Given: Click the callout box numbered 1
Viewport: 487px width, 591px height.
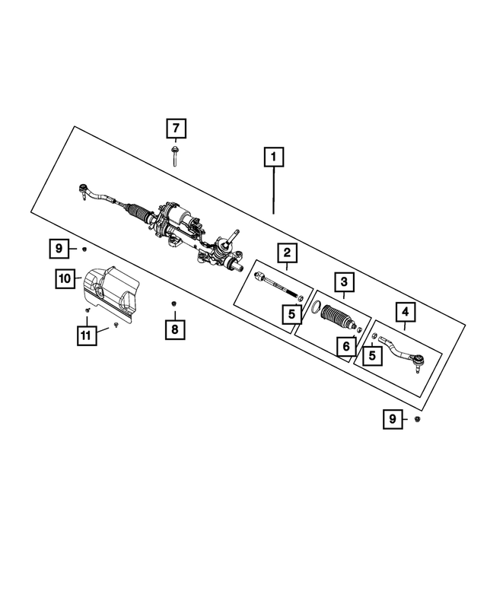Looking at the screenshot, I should pos(273,157).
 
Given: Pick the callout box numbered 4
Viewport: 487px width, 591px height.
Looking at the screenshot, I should pos(404,312).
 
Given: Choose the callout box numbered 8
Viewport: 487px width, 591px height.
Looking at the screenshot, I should pos(174,329).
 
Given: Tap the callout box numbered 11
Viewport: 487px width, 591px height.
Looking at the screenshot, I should pos(88,334).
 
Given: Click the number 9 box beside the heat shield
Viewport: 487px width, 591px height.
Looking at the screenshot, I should pos(59,247).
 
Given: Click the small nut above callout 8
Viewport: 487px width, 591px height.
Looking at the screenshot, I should pos(174,304).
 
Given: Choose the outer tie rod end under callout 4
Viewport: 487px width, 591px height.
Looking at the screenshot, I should pos(402,354).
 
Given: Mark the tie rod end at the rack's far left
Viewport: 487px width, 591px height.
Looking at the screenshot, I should pos(85,190).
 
